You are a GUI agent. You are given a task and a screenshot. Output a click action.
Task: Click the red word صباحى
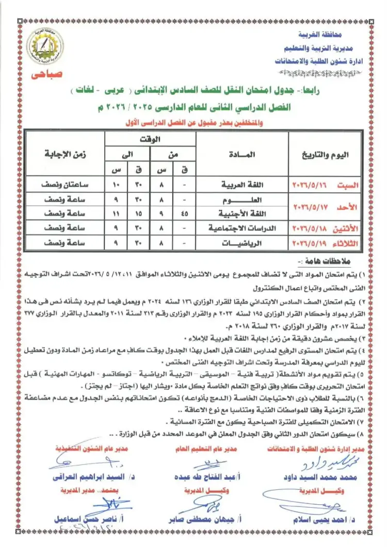tap(46, 74)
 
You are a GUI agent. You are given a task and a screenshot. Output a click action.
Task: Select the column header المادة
tap(241, 155)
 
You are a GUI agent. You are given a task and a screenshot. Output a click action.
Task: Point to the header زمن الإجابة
tap(64, 154)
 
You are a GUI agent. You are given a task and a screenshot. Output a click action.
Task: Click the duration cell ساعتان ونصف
tap(64, 184)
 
